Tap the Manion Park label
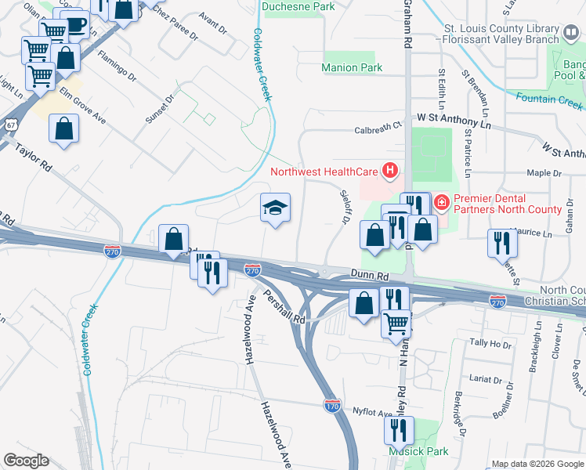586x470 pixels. (x=352, y=68)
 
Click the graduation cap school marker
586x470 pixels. (x=275, y=208)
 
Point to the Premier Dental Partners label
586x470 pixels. (x=506, y=204)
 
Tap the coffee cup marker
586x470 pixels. (x=75, y=25)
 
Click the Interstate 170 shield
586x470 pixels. (x=331, y=404)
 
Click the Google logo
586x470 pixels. (x=26, y=461)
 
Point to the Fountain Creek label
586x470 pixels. (x=548, y=100)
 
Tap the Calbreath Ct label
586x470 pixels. (x=378, y=125)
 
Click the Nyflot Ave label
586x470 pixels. (x=372, y=411)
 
